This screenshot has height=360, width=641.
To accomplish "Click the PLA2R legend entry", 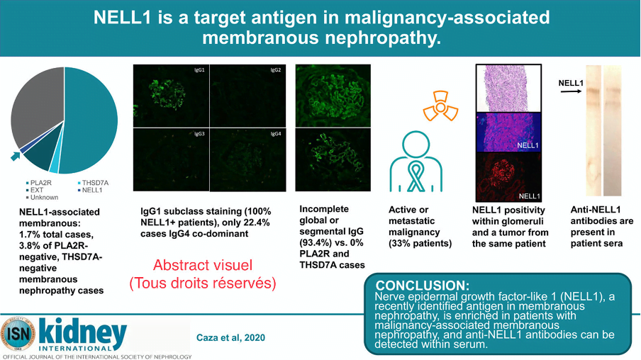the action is tap(39, 183).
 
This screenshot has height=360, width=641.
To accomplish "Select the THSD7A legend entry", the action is tap(93, 183).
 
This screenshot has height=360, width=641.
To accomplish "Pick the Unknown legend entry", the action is tap(42, 198).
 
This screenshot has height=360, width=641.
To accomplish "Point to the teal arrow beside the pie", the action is tap(16, 156).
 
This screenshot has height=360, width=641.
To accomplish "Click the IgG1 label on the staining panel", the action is tap(199, 70).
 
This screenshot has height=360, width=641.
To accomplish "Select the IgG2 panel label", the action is tap(276, 70).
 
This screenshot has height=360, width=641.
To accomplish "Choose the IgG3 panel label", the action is tap(199, 134).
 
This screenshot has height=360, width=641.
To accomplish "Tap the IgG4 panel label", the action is tap(276, 134).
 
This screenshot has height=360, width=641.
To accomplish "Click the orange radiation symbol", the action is tap(440, 107).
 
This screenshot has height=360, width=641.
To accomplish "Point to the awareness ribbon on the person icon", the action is tap(416, 177).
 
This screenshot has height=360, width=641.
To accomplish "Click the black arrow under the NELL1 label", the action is tap(571, 91).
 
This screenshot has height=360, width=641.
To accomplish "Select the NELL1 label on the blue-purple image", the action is tap(528, 145).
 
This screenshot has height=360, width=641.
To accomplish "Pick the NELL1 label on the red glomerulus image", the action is tap(529, 196).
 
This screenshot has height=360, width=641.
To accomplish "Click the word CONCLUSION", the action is tap(423, 285).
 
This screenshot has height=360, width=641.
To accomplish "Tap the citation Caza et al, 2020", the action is tap(230, 337).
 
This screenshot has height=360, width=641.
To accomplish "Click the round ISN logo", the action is tap(18, 334).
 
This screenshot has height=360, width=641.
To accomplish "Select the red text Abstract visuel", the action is tap(203, 265).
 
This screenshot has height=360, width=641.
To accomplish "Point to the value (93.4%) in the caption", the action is tap(316, 242).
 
